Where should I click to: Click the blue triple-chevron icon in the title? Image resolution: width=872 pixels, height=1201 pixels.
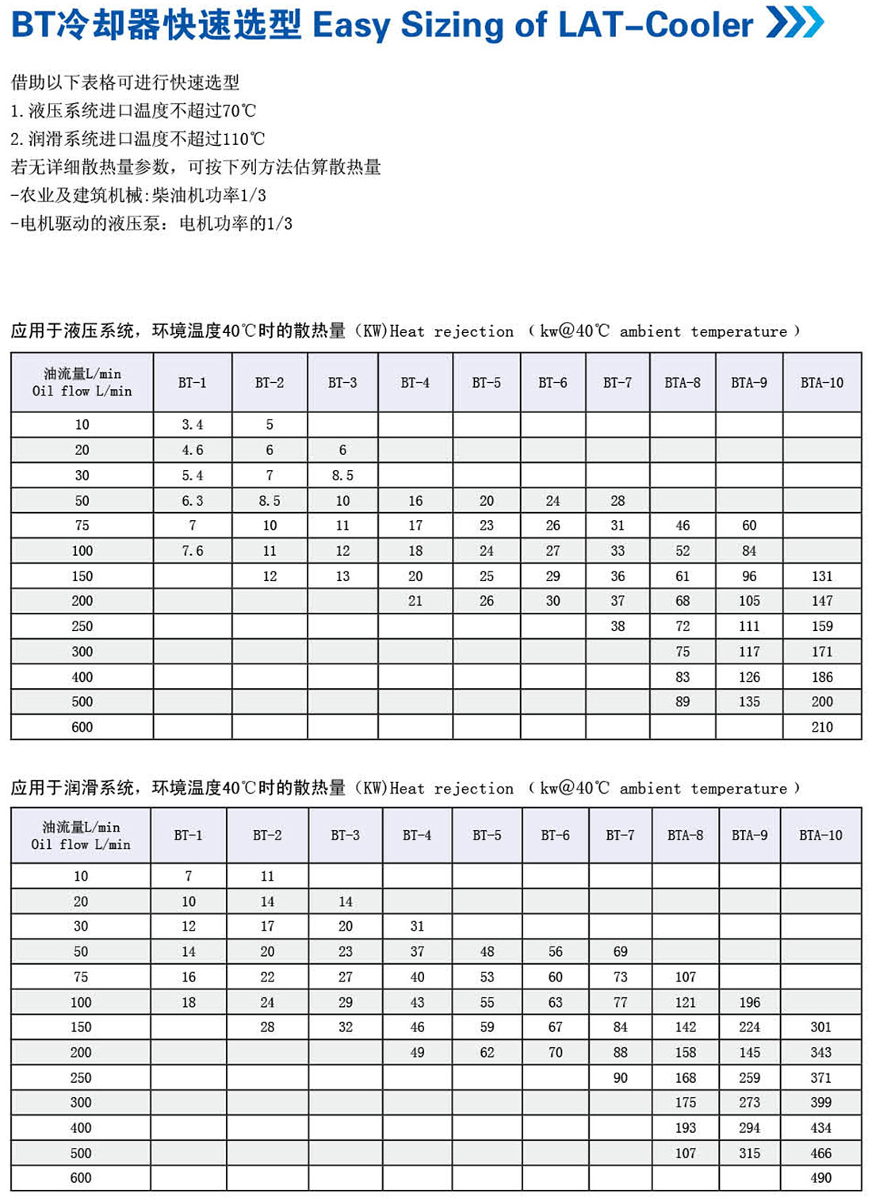[x=795, y=23]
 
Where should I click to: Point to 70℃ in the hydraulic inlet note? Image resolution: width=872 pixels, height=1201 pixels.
[x=239, y=111]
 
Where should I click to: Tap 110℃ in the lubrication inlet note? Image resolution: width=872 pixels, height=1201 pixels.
[x=243, y=140]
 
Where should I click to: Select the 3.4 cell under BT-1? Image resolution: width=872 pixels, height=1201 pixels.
[x=193, y=425]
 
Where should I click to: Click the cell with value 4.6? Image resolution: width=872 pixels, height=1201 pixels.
[x=193, y=450]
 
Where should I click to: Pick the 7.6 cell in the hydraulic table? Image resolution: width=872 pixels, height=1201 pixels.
[x=193, y=551]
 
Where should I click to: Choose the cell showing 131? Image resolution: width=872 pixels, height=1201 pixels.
[x=822, y=576]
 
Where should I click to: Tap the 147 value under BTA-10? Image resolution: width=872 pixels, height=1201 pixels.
[x=822, y=601]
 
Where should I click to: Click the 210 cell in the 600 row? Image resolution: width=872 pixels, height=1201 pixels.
[x=822, y=727]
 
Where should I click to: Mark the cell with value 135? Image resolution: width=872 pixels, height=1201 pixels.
[x=749, y=702]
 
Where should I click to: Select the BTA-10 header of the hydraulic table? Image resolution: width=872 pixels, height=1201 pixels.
[x=822, y=383]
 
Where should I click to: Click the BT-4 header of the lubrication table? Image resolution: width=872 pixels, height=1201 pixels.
[x=417, y=836]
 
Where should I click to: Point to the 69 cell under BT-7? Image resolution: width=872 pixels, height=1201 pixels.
[x=620, y=951]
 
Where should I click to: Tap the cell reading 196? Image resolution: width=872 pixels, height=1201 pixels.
[x=749, y=1002]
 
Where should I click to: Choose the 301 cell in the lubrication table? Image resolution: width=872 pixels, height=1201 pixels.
[x=820, y=1027]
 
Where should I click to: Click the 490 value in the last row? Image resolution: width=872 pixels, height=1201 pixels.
[x=820, y=1178]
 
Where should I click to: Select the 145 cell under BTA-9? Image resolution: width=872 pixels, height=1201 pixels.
[x=749, y=1053]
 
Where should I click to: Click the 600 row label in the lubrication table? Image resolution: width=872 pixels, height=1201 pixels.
[x=81, y=1178]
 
